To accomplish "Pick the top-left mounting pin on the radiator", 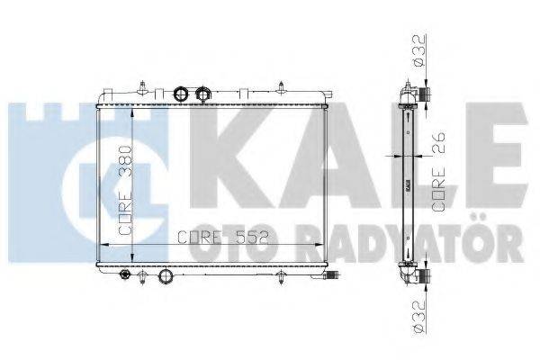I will (x=142, y=85).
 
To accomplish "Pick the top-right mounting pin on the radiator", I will (x=283, y=88).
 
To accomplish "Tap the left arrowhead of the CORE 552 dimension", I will (x=100, y=245).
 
